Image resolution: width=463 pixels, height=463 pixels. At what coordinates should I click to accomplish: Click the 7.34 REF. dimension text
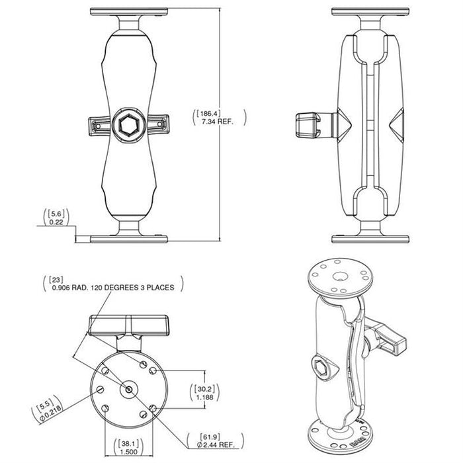(218, 121)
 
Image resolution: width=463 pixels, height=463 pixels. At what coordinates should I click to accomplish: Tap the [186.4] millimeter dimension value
(209, 113)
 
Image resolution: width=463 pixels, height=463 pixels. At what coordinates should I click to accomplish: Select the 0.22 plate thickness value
(56, 222)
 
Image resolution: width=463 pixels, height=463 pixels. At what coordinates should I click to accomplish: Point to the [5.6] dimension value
(56, 214)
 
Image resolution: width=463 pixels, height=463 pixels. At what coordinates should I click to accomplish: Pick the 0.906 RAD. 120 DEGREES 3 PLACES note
(113, 287)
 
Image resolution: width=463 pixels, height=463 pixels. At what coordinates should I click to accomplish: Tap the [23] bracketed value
(56, 279)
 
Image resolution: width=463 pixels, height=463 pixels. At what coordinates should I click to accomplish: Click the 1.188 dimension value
(204, 397)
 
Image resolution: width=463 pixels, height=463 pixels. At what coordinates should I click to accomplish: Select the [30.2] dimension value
(204, 389)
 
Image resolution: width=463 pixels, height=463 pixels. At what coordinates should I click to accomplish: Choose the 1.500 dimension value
(129, 452)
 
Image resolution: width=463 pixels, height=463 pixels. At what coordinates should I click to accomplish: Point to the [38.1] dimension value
(129, 444)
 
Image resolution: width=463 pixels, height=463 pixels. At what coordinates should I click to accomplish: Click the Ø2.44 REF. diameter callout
(216, 444)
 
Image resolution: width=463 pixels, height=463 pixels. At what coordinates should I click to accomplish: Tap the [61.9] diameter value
(210, 437)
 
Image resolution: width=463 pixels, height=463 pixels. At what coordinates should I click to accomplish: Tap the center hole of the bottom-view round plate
(129, 390)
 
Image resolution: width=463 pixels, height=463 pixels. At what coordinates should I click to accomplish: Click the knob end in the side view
(308, 126)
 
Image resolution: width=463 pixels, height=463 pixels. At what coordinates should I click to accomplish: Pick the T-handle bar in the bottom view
(130, 325)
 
